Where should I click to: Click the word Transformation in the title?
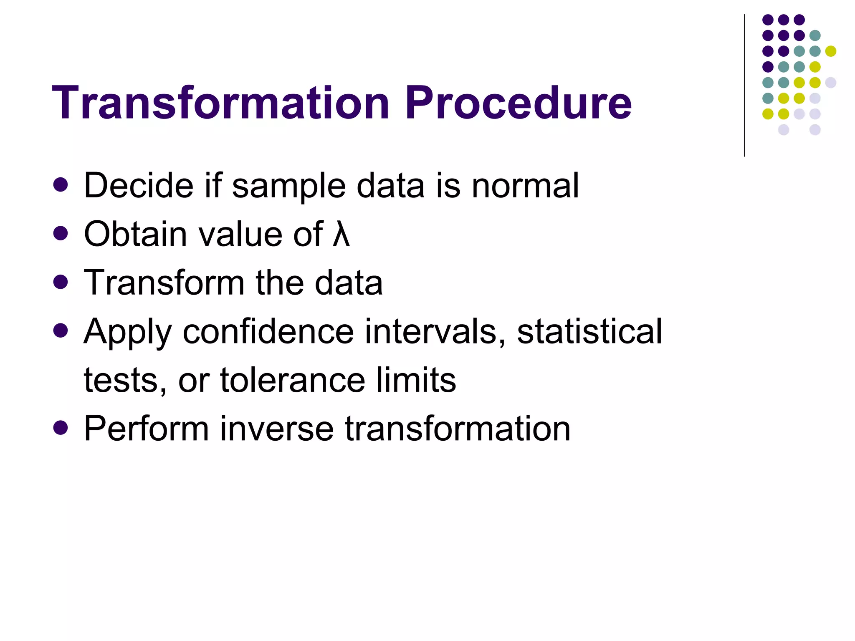[220, 103]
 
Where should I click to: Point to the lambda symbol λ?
[341, 234]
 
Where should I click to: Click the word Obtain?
[135, 234]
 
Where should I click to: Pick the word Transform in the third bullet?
[164, 283]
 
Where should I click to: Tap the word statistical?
[589, 331]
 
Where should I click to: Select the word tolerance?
[293, 380]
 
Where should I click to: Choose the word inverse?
[276, 429]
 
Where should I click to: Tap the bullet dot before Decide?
[61, 185]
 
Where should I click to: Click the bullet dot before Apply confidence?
[61, 331]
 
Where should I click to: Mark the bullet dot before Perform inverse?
[61, 428]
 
